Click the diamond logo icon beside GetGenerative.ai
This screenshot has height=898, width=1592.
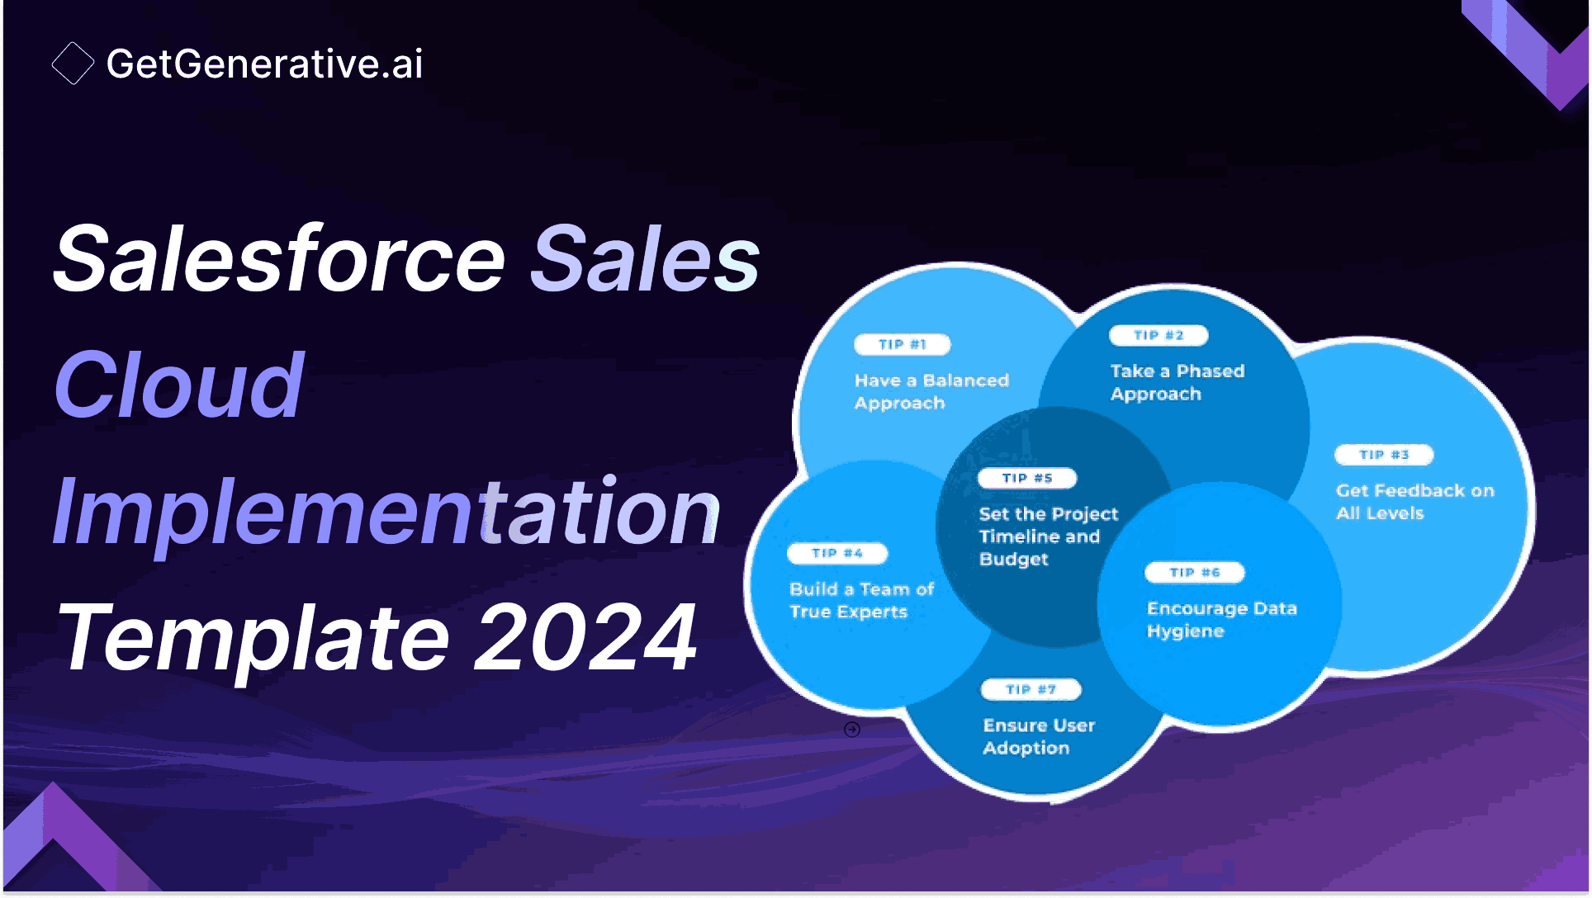[73, 64]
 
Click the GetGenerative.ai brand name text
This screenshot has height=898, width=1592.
[264, 64]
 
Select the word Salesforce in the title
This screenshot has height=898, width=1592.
[279, 259]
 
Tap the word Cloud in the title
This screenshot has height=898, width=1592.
[179, 385]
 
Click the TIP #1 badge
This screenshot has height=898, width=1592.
[902, 344]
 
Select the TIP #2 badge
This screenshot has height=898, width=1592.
[1158, 335]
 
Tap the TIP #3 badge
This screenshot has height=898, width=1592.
[1384, 455]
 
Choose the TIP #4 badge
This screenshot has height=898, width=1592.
[837, 553]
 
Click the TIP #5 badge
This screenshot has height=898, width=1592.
[1027, 478]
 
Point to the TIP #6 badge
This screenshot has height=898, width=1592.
[1194, 572]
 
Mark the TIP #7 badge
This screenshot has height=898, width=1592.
[1031, 689]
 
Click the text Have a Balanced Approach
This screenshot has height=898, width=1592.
[931, 391]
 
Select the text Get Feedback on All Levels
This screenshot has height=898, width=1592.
[1414, 501]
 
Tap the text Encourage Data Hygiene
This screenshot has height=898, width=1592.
[1221, 619]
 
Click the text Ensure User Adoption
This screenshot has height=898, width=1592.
[1038, 736]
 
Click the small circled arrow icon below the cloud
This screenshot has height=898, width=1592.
[852, 730]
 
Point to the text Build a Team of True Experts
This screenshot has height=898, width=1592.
[860, 600]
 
